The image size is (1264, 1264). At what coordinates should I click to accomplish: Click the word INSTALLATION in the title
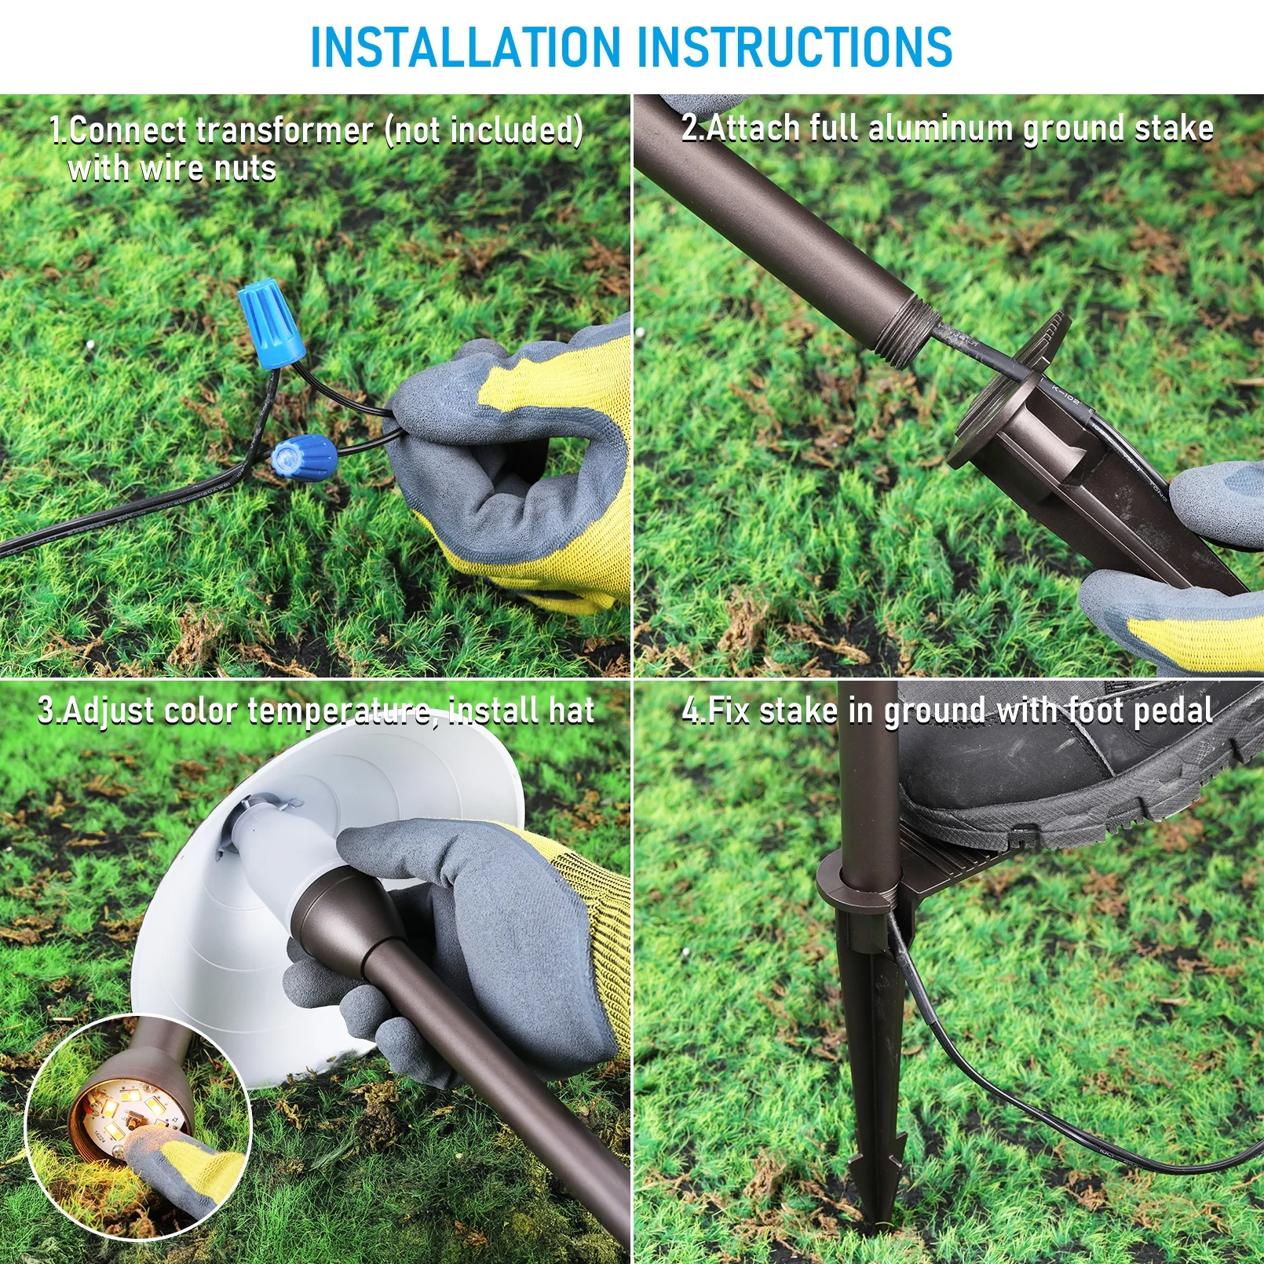coord(466,46)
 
